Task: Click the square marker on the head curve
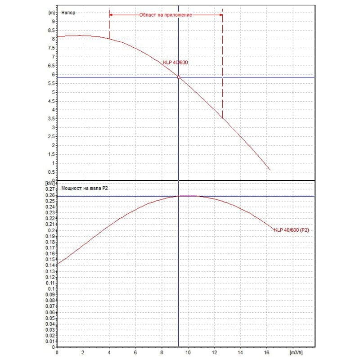coord(179,77)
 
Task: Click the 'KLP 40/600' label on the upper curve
coord(175,63)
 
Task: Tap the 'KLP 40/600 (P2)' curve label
coord(292,230)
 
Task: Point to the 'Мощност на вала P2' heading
coord(84,189)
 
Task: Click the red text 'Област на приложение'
coord(166,15)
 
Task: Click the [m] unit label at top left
coord(51,13)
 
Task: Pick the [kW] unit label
coord(50,184)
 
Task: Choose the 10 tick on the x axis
coord(189,352)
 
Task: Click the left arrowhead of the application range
coord(111,15)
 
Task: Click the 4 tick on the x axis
coord(109,352)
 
